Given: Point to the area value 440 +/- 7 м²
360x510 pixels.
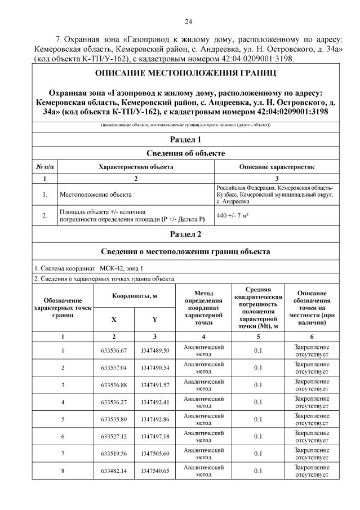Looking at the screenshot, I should click(x=233, y=215).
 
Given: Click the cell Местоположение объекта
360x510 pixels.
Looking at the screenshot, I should click(x=95, y=194).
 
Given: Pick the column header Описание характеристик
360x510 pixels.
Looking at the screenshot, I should click(x=277, y=167).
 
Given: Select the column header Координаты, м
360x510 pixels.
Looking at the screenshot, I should click(x=134, y=296).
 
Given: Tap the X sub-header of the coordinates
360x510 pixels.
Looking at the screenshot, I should click(x=114, y=319).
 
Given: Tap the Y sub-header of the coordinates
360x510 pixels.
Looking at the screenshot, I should click(x=154, y=319).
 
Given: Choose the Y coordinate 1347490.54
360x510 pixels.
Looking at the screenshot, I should click(x=154, y=367).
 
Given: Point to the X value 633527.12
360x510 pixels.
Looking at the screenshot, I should click(x=114, y=436).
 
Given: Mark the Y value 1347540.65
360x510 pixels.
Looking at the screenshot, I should click(x=154, y=470).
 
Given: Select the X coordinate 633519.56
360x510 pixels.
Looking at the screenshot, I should click(x=114, y=453).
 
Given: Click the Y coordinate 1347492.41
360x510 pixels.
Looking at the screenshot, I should click(x=154, y=402).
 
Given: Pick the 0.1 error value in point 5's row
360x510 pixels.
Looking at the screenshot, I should click(x=257, y=419).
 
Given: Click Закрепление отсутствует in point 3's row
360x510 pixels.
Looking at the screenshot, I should click(x=312, y=385).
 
